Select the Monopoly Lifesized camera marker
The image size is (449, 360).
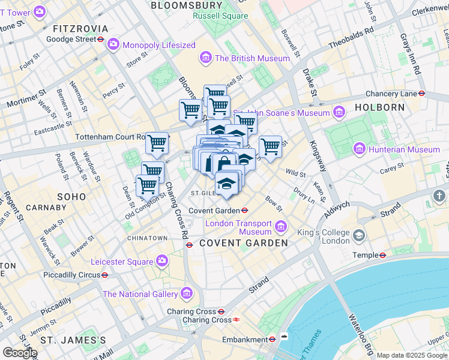click(113, 45)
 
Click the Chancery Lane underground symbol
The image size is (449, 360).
click(423, 94)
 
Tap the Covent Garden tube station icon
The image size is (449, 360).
click(245, 210)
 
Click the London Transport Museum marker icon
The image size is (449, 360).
click(281, 226)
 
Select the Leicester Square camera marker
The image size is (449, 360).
click(162, 261)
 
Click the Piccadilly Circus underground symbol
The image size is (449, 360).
click(105, 275)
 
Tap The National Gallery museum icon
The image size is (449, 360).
click(186, 294)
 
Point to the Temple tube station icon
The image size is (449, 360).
click(382, 255)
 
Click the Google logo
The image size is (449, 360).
click(19, 352)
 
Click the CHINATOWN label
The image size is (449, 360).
click(147, 238)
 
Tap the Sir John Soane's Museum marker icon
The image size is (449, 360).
click(339, 112)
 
